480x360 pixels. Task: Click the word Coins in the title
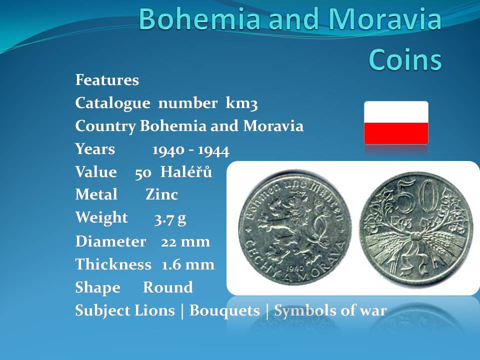pyautogui.click(x=405, y=59)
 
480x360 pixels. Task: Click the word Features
pyautogui.click(x=107, y=80)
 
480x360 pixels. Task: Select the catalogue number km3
pyautogui.click(x=241, y=103)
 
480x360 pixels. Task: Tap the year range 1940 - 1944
pyautogui.click(x=190, y=150)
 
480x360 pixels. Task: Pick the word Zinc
pyautogui.click(x=161, y=194)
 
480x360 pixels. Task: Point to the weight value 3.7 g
pyautogui.click(x=170, y=218)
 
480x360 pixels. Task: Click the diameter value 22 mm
pyautogui.click(x=185, y=242)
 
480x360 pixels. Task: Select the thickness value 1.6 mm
pyautogui.click(x=188, y=265)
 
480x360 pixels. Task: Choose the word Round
pyautogui.click(x=168, y=287)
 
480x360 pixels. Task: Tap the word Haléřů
pyautogui.click(x=186, y=171)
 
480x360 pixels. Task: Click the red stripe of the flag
pyautogui.click(x=396, y=133)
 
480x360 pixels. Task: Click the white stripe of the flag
pyautogui.click(x=396, y=112)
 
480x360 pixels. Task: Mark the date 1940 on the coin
pyautogui.click(x=295, y=268)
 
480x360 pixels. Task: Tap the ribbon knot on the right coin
pyautogui.click(x=415, y=236)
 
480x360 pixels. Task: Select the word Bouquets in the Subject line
pyautogui.click(x=224, y=310)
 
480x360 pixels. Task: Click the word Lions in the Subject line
pyautogui.click(x=155, y=310)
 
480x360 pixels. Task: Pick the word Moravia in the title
pyautogui.click(x=385, y=19)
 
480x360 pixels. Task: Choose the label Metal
pyautogui.click(x=96, y=194)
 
